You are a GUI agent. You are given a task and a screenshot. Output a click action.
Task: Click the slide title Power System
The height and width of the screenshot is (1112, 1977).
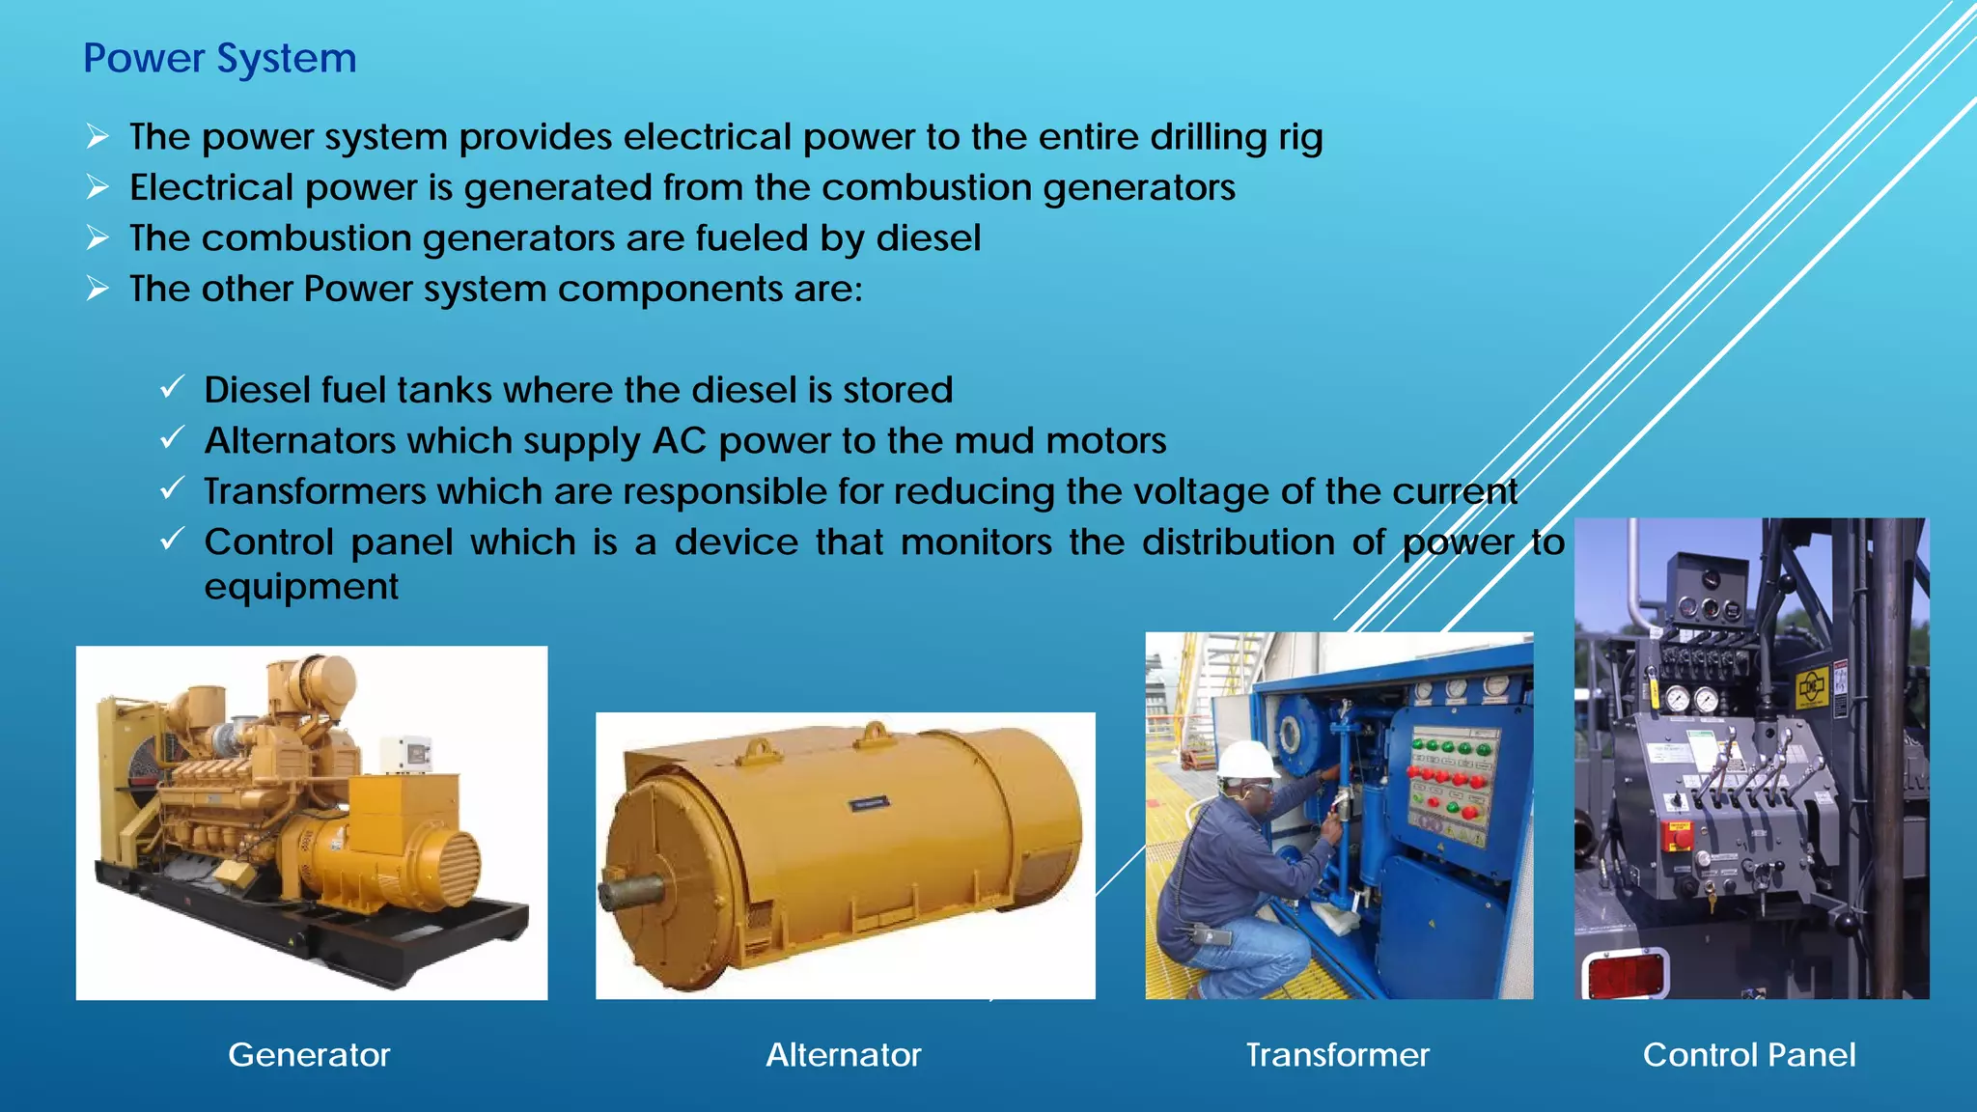click(220, 59)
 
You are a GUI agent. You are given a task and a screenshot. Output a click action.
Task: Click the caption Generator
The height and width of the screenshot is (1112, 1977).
click(309, 1055)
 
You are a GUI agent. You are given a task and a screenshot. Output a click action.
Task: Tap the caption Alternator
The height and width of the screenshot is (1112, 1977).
click(843, 1055)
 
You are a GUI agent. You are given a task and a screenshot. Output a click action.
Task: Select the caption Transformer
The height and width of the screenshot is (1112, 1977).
click(1337, 1055)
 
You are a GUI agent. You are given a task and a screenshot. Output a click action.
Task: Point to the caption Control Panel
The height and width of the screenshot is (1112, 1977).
click(1749, 1055)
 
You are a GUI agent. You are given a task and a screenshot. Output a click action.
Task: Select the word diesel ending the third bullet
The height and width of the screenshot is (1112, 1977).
click(929, 238)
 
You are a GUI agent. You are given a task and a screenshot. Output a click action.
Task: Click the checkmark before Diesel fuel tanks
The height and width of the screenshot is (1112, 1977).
click(171, 388)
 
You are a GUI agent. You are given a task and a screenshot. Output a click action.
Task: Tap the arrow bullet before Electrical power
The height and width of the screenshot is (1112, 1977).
click(97, 186)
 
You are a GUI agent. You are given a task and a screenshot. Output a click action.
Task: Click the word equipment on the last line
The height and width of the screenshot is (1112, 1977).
click(301, 587)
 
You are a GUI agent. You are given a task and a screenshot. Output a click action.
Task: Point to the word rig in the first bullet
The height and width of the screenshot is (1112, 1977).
click(1300, 137)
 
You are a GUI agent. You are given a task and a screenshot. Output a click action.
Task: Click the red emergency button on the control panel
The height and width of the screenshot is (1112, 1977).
click(1680, 836)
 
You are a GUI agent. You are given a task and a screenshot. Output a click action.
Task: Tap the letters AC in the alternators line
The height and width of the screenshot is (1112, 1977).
click(680, 441)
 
